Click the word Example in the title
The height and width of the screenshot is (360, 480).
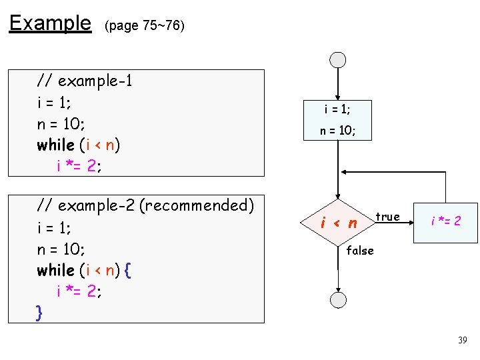pyautogui.click(x=50, y=24)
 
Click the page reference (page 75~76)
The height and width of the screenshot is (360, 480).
pyautogui.click(x=144, y=26)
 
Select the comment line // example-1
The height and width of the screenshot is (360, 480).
pyautogui.click(x=85, y=81)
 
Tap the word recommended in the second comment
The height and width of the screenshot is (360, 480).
pyautogui.click(x=193, y=205)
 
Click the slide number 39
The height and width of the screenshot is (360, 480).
pyautogui.click(x=463, y=341)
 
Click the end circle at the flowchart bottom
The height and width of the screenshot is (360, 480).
pyautogui.click(x=339, y=299)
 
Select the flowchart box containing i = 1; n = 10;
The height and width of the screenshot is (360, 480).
pyautogui.click(x=338, y=120)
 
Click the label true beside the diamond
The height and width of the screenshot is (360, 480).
pyautogui.click(x=387, y=217)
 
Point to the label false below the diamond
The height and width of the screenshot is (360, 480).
pyautogui.click(x=360, y=251)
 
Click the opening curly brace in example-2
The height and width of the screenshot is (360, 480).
pyautogui.click(x=128, y=270)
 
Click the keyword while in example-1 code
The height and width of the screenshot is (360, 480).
pyautogui.click(x=55, y=145)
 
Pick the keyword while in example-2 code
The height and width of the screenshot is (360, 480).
pyautogui.click(x=55, y=270)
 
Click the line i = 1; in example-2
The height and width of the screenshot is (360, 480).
pyautogui.click(x=54, y=228)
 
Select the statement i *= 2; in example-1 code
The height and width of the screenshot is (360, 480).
pyautogui.click(x=79, y=166)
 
